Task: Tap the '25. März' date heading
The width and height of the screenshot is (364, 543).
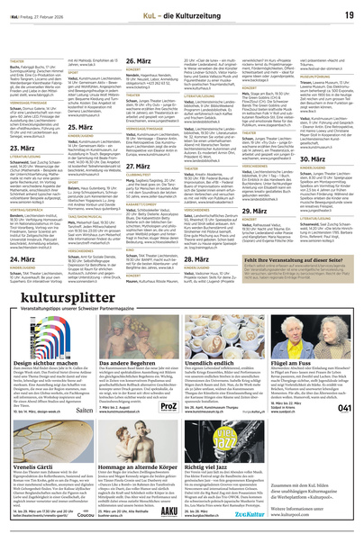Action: (x=109, y=129)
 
